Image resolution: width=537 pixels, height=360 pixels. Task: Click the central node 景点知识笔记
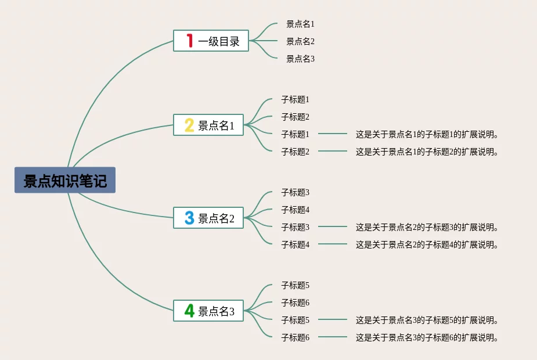click(x=65, y=181)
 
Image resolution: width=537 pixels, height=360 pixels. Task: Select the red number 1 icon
click(x=189, y=41)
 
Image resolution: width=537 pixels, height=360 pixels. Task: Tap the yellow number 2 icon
click(x=189, y=125)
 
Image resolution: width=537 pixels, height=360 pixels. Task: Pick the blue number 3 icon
click(x=189, y=218)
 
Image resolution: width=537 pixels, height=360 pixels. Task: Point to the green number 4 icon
click(x=189, y=311)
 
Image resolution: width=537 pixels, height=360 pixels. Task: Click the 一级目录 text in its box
click(x=219, y=41)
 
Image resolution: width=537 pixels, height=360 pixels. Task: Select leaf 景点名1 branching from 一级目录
click(x=300, y=24)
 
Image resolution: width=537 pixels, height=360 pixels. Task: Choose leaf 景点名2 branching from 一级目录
click(x=300, y=41)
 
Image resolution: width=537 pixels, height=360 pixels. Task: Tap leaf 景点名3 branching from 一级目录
click(x=300, y=59)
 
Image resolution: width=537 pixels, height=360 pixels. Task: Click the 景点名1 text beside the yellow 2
click(x=217, y=125)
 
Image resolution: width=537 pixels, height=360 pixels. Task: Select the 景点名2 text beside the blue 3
click(x=217, y=219)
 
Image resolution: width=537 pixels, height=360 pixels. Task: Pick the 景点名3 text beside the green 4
click(x=217, y=312)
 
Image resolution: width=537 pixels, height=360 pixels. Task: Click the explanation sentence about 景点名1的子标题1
click(x=427, y=134)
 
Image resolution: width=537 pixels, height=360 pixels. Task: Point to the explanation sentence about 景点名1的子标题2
click(x=427, y=152)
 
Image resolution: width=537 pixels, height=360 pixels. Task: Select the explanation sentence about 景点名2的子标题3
click(x=427, y=227)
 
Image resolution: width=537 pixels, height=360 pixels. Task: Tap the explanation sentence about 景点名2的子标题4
click(x=427, y=244)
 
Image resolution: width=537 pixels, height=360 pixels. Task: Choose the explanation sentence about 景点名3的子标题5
click(x=427, y=320)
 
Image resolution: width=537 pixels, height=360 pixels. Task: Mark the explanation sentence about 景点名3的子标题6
click(x=427, y=337)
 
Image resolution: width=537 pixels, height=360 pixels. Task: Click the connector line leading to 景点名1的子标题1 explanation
click(x=332, y=134)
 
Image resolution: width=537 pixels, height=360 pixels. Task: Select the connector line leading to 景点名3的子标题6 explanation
click(x=332, y=337)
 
